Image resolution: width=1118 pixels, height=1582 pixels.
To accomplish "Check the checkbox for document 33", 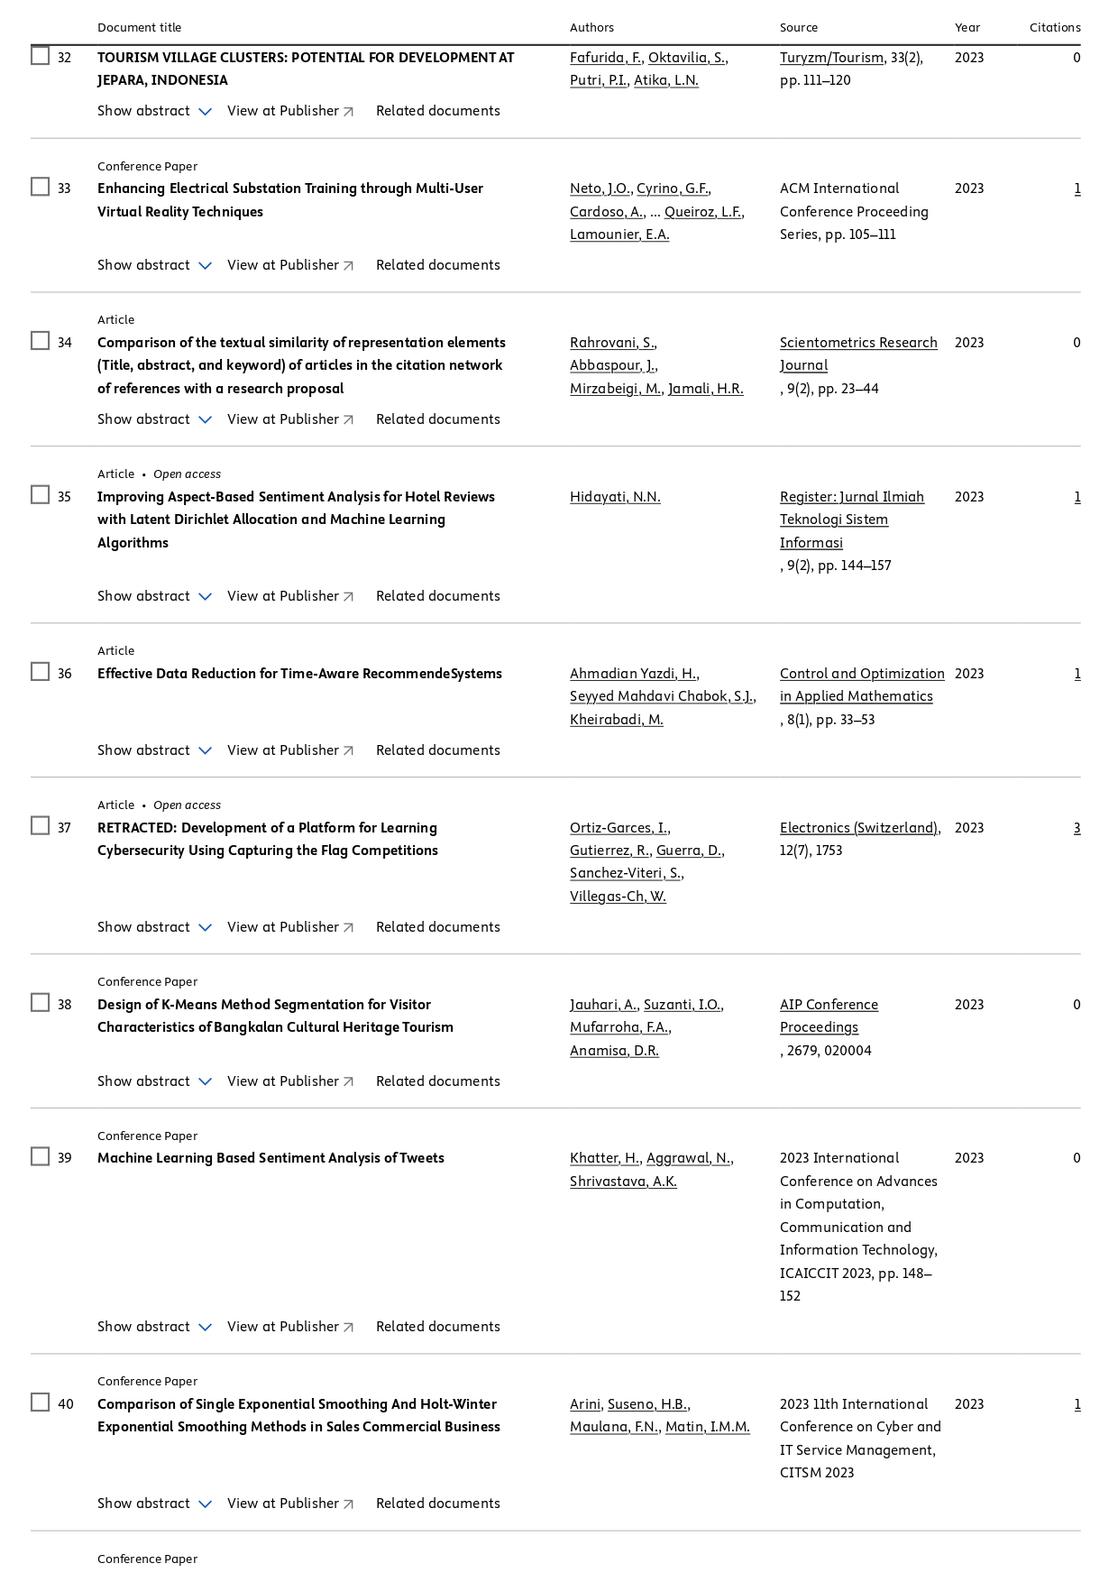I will click(41, 187).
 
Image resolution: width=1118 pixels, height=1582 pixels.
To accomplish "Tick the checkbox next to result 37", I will click(41, 826).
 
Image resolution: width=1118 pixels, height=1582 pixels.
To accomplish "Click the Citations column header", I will click(1054, 27).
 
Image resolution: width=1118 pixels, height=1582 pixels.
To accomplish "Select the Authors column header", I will click(591, 27).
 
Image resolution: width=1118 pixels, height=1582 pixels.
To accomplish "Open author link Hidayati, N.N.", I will click(615, 497).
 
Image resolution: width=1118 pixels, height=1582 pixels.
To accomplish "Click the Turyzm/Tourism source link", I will click(831, 58).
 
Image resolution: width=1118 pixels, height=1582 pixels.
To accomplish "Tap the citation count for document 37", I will click(1077, 828).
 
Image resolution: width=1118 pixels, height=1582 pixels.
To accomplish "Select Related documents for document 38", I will click(437, 1081).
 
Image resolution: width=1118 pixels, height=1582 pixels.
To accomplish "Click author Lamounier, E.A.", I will click(619, 235).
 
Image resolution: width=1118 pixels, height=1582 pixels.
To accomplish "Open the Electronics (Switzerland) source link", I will click(859, 828).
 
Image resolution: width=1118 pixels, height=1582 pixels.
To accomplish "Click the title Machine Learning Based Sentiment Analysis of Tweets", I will click(270, 1158).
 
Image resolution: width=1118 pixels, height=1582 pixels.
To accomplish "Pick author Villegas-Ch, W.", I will click(618, 897).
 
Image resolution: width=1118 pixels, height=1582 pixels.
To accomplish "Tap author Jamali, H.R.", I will click(705, 389).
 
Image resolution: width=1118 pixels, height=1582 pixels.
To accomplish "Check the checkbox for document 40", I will click(41, 1403).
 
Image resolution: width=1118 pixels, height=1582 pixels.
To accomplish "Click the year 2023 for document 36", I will click(968, 674).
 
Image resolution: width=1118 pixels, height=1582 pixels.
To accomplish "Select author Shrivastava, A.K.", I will click(623, 1182).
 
